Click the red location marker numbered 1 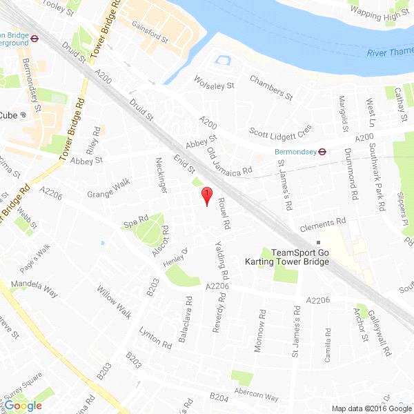click(x=206, y=195)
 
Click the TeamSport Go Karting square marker click(x=317, y=243)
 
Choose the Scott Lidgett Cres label click(x=281, y=130)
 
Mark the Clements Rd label click(x=322, y=224)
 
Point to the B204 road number click(x=219, y=397)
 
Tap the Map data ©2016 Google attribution click(x=370, y=408)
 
